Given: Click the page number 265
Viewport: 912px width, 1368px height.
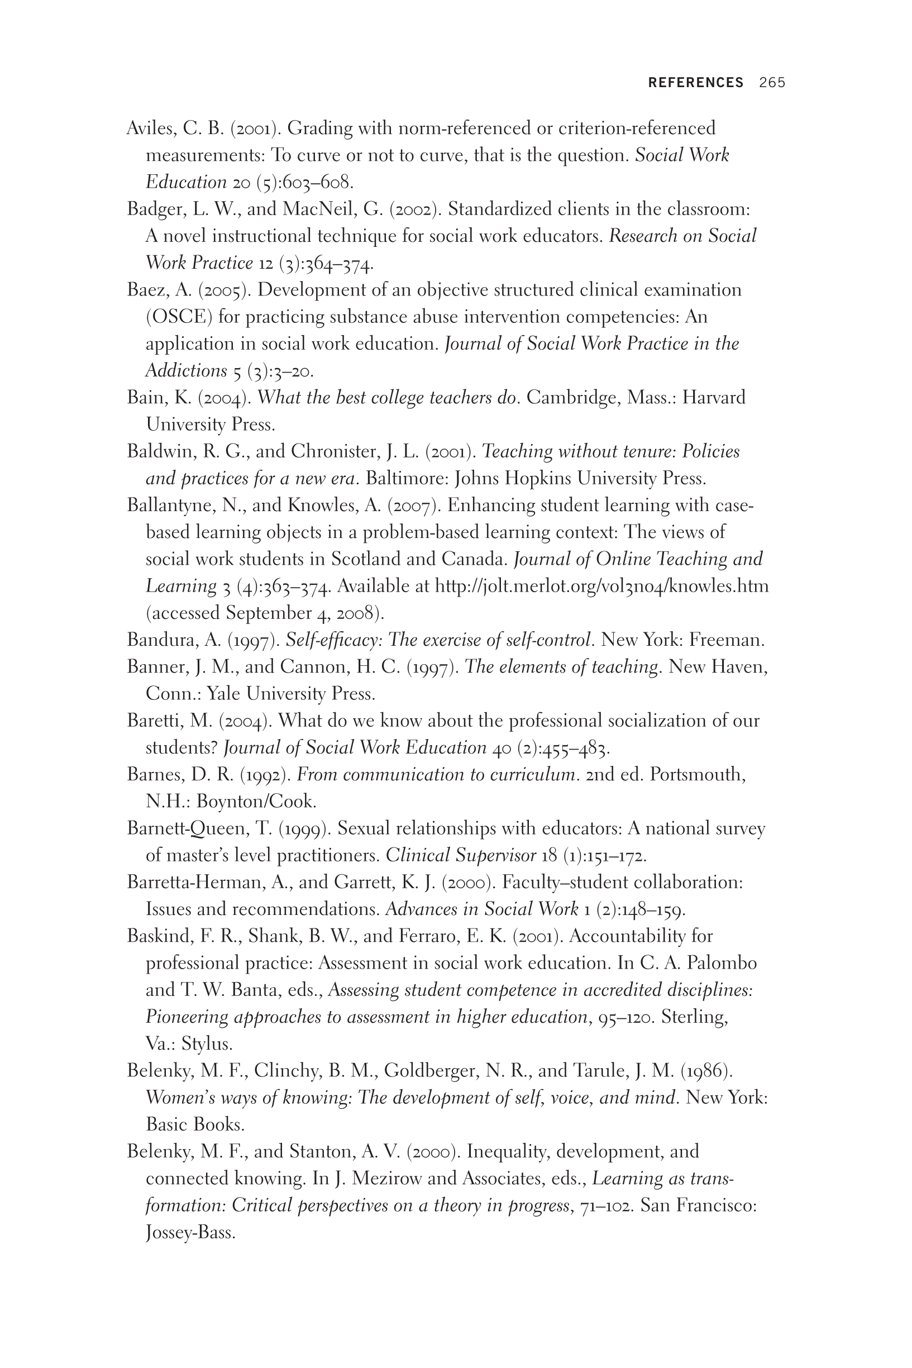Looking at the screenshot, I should [x=772, y=83].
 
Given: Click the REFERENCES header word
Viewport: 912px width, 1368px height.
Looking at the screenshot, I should [x=696, y=83].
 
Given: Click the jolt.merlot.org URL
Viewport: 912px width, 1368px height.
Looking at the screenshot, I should [x=602, y=586].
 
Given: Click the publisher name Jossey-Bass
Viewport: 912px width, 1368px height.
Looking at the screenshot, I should [x=190, y=1232].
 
